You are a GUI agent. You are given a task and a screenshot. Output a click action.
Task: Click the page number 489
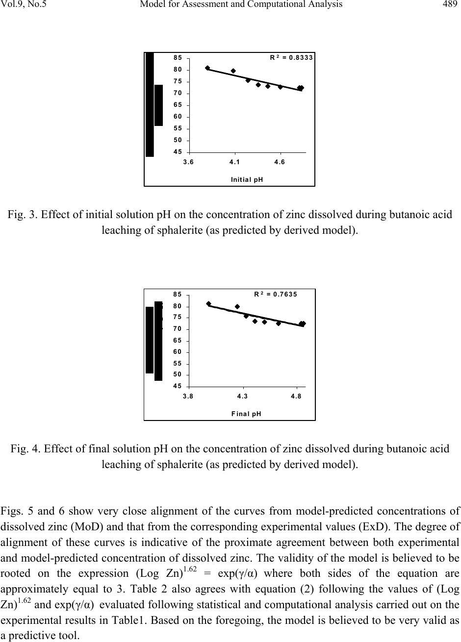[449, 5]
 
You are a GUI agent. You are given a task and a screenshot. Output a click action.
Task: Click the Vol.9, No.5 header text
[26, 5]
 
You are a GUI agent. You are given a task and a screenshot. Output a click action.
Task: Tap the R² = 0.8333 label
[291, 57]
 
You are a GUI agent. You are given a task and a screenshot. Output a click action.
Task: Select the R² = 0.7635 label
[276, 295]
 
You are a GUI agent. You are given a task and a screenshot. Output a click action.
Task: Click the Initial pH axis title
[247, 179]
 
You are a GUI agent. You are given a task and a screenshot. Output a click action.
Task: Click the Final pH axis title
[246, 414]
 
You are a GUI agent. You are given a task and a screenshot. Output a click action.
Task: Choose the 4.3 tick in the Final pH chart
[242, 396]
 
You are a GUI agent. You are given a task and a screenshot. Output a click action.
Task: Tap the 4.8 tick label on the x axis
[296, 396]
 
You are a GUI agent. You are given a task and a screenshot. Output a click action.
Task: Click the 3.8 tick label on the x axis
[188, 396]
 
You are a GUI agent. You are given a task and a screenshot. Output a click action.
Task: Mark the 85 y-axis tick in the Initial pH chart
[178, 58]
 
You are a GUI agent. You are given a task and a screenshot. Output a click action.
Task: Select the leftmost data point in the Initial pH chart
[207, 68]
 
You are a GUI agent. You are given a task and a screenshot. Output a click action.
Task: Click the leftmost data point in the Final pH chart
[208, 304]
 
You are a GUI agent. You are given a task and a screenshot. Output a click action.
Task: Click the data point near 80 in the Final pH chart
[237, 307]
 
